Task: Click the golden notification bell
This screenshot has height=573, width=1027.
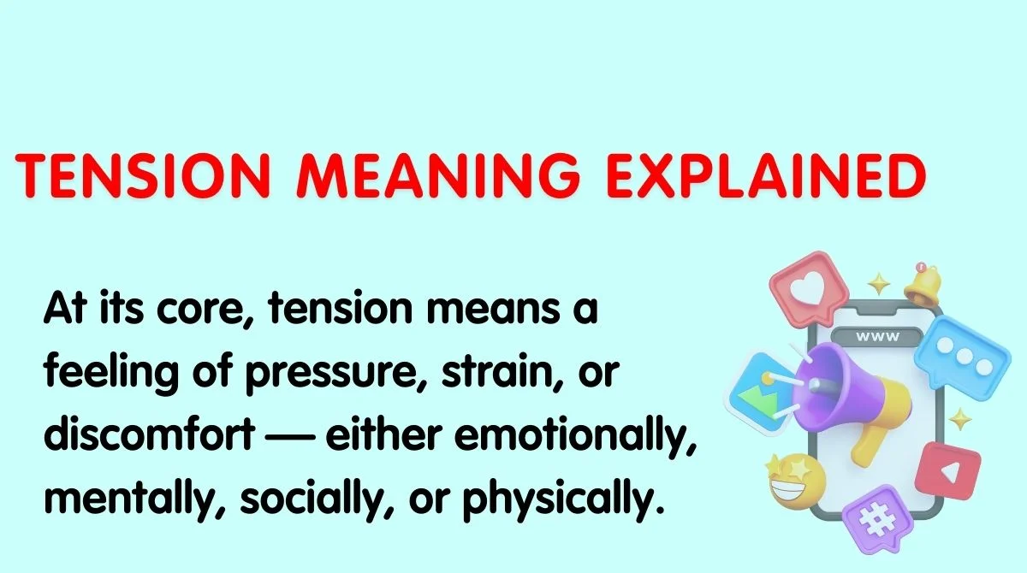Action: (923, 283)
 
